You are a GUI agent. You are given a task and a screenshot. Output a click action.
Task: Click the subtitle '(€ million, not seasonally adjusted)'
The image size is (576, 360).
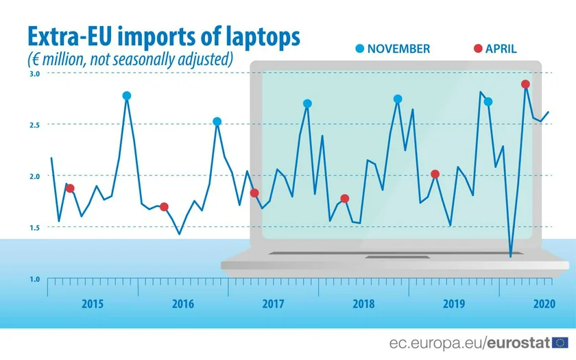coord(130,60)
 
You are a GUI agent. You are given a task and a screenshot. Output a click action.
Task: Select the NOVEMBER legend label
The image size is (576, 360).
coord(398,49)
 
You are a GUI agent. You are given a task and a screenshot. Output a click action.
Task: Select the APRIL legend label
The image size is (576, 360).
coord(501,49)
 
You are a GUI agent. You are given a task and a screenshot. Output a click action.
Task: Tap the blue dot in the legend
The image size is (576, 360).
coord(359,48)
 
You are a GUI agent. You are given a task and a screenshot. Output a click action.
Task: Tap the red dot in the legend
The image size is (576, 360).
coord(477,48)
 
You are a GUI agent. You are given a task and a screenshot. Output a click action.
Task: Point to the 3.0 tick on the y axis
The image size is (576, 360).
coord(34,73)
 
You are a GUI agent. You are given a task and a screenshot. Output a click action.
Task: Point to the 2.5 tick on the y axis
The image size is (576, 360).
coord(34,125)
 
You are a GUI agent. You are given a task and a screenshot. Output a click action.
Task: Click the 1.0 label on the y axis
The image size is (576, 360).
coord(34,279)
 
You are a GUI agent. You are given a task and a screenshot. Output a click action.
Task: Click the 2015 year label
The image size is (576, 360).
coord(93,304)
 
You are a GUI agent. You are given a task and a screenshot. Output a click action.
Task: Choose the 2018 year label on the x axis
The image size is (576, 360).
coord(363,304)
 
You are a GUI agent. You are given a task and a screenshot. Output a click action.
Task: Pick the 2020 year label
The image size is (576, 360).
coord(543,304)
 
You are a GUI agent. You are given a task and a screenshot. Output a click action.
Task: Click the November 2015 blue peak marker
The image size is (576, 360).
coord(127,96)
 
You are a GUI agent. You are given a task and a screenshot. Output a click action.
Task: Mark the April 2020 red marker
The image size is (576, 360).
coord(525,84)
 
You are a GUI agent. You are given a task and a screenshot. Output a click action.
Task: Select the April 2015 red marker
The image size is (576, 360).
coord(70,189)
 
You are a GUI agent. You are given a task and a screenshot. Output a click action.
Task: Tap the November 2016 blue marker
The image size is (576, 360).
coord(217,121)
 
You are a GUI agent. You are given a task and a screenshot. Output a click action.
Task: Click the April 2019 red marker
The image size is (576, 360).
coord(435,174)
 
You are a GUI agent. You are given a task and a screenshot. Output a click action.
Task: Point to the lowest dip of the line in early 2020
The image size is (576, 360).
coord(510,256)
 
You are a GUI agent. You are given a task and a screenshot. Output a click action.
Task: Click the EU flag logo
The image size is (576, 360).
coord(560,342)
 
